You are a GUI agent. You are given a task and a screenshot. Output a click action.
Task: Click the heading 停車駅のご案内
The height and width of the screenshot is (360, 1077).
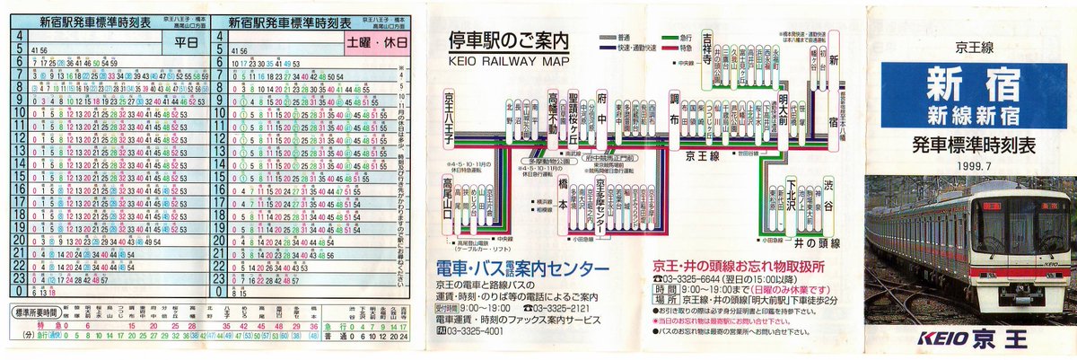(509, 41)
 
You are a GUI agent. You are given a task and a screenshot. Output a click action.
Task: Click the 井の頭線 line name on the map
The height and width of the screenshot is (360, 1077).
(816, 242)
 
